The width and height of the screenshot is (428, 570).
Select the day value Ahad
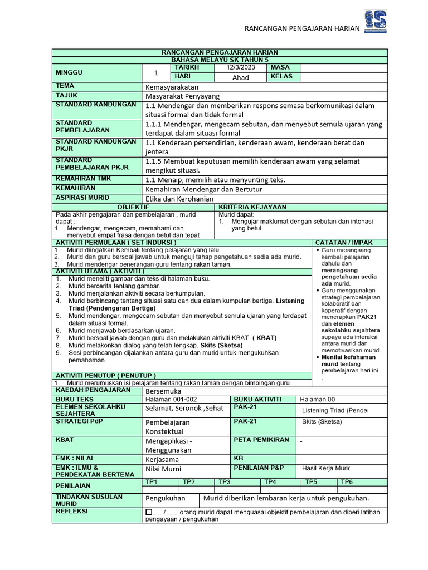click(x=240, y=77)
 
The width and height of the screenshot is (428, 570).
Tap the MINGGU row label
click(x=69, y=72)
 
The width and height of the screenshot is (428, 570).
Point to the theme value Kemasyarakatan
click(x=172, y=87)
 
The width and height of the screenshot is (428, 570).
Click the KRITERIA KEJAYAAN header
click(x=253, y=207)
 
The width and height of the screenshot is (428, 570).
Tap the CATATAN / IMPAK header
click(x=344, y=243)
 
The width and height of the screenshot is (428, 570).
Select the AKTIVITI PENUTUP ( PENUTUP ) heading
click(x=105, y=375)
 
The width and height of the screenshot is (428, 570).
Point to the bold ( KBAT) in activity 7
click(x=265, y=338)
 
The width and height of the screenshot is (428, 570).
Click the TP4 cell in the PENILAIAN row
click(x=270, y=482)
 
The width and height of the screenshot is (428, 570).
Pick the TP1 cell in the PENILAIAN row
click(x=152, y=482)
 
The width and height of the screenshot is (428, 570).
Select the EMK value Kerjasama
click(x=162, y=460)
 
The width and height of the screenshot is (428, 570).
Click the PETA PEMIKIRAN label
click(x=261, y=440)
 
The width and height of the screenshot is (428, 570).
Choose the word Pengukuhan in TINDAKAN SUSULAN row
click(x=166, y=498)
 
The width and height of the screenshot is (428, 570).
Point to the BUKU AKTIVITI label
click(x=257, y=400)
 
